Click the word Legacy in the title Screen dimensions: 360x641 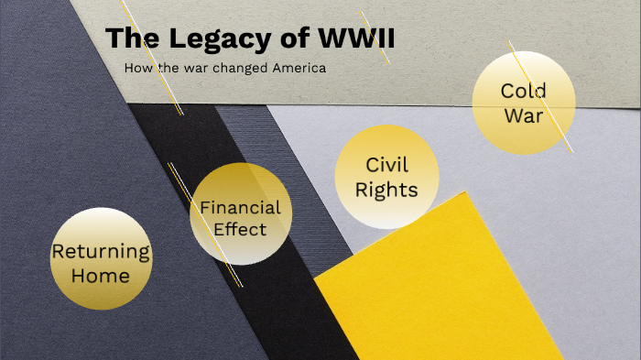click(204, 40)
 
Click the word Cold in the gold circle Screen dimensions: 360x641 click(524, 91)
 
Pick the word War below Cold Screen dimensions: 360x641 click(524, 116)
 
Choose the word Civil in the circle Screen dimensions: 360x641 click(386, 165)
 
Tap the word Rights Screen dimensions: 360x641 click(386, 190)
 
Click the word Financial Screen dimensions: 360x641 click(240, 207)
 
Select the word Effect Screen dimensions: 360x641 click(240, 229)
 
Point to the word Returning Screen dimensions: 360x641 click(101, 251)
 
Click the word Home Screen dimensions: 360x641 click(101, 275)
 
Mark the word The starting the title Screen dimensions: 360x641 click(128, 40)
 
